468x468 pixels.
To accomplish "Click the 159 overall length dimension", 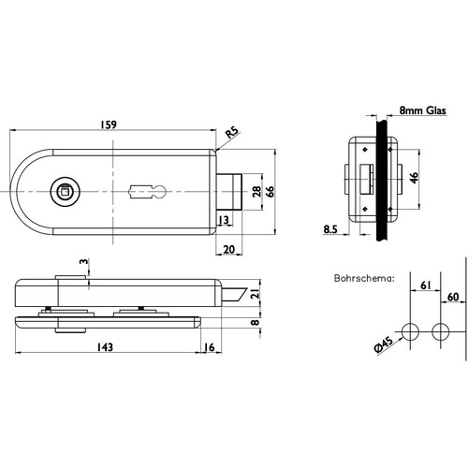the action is click(109, 124).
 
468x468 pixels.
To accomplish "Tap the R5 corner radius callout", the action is click(232, 132).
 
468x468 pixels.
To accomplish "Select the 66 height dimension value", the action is click(271, 191).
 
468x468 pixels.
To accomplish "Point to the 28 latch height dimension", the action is click(256, 191).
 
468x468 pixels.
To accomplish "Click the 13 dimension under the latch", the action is click(224, 220).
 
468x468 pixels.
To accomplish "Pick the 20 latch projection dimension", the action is click(229, 250).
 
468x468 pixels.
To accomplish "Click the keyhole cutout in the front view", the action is click(147, 192).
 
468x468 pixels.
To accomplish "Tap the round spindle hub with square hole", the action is click(65, 191).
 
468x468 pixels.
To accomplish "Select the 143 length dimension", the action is click(105, 347).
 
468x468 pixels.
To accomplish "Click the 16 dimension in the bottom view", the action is click(210, 347).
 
